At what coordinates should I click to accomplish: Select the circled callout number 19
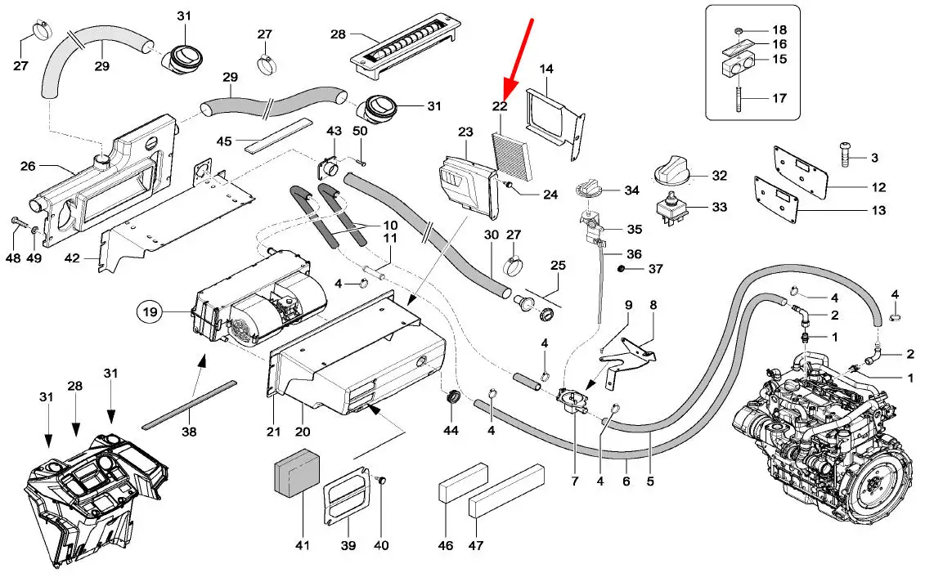point(150,311)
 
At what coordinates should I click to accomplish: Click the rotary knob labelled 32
point(674,173)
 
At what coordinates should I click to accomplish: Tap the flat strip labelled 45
point(277,133)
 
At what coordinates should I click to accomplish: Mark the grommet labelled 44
point(451,401)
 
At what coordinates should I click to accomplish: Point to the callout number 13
point(878,211)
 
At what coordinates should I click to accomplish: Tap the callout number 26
point(29,167)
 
